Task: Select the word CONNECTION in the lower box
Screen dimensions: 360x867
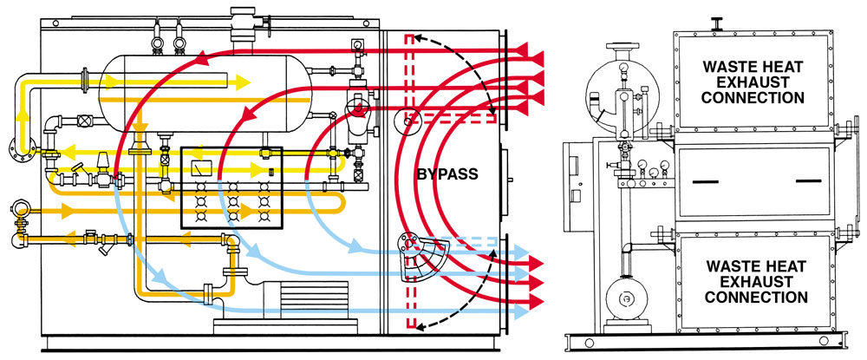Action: click(x=754, y=297)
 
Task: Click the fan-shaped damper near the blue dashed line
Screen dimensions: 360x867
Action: click(x=417, y=256)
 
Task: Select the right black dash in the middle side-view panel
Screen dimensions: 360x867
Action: click(x=807, y=180)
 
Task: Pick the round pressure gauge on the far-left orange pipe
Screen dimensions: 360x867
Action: click(x=17, y=208)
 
